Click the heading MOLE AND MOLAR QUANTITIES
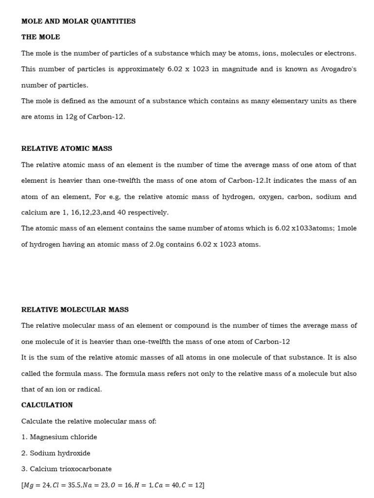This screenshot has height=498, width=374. [x=78, y=21]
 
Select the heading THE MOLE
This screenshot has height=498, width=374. [x=40, y=37]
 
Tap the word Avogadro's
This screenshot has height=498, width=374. [x=338, y=69]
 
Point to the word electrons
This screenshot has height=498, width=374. [x=337, y=53]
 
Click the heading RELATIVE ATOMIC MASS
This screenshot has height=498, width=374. [x=66, y=148]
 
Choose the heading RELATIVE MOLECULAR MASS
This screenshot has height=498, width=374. [x=75, y=309]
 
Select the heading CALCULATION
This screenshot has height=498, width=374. [x=47, y=405]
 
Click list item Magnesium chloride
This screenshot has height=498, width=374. [x=63, y=437]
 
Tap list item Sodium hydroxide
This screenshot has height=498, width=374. [x=60, y=453]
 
